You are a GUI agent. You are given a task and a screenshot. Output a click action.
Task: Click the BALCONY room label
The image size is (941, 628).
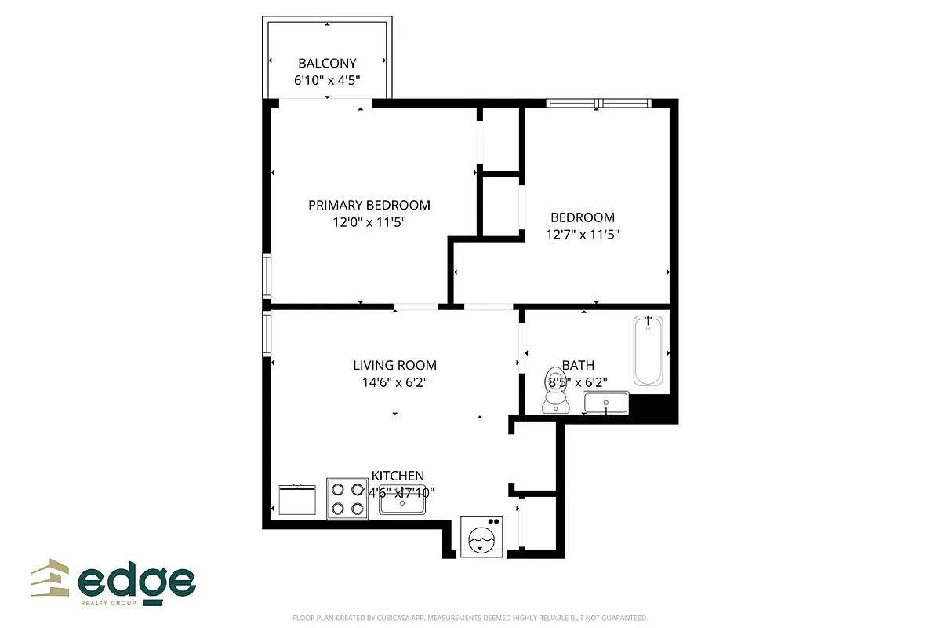pos(327,63)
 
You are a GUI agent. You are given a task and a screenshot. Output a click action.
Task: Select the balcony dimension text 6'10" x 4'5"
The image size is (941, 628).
pos(327,79)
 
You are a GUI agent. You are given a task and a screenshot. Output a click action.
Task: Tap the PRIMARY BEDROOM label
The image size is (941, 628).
pos(369,205)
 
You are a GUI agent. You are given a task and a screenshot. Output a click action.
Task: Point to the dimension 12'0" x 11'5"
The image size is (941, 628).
pos(369,222)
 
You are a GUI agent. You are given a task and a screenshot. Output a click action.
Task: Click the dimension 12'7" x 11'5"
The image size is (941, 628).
pos(582,234)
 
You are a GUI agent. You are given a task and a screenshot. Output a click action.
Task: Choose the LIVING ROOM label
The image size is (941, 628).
pos(394,365)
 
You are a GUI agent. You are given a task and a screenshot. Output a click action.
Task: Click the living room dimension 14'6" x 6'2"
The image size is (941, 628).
pos(394,382)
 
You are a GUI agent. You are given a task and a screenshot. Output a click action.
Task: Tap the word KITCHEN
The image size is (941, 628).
pos(398,476)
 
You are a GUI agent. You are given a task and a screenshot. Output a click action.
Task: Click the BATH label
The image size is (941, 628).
pos(578,365)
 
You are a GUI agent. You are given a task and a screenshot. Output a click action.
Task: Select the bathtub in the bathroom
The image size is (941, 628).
pos(648,350)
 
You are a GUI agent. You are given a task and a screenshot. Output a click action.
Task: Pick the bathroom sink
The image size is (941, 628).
pos(605,403)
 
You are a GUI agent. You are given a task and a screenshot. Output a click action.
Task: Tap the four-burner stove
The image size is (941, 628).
pos(347,498)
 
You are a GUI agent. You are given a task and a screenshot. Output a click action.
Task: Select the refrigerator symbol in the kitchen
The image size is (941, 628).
pos(297,499)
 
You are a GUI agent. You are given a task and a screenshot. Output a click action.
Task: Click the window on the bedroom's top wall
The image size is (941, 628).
pos(598,102)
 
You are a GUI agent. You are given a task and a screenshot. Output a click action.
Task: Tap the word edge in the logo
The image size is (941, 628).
pos(136,582)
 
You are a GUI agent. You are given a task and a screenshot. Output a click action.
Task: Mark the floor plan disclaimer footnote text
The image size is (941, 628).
pos(470,618)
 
